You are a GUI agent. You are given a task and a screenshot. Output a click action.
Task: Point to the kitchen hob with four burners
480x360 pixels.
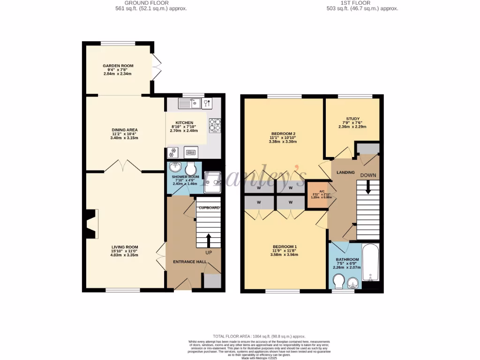coord(215,125)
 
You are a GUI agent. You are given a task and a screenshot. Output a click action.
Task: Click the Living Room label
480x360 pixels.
coord(124,247)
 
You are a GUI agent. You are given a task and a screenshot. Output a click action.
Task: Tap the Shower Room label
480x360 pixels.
coord(186,177)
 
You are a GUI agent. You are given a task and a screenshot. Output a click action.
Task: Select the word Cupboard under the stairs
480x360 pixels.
coord(209,208)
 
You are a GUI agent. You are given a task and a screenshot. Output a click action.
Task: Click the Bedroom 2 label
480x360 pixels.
coord(283,133)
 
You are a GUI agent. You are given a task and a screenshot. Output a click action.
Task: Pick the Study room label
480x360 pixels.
coord(352,119)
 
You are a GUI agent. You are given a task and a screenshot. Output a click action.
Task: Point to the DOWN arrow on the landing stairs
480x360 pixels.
coord(368,187)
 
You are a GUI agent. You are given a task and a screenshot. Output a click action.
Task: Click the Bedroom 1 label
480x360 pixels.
coord(285,247)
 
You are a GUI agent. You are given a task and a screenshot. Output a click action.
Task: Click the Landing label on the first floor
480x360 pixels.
coord(346,172)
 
